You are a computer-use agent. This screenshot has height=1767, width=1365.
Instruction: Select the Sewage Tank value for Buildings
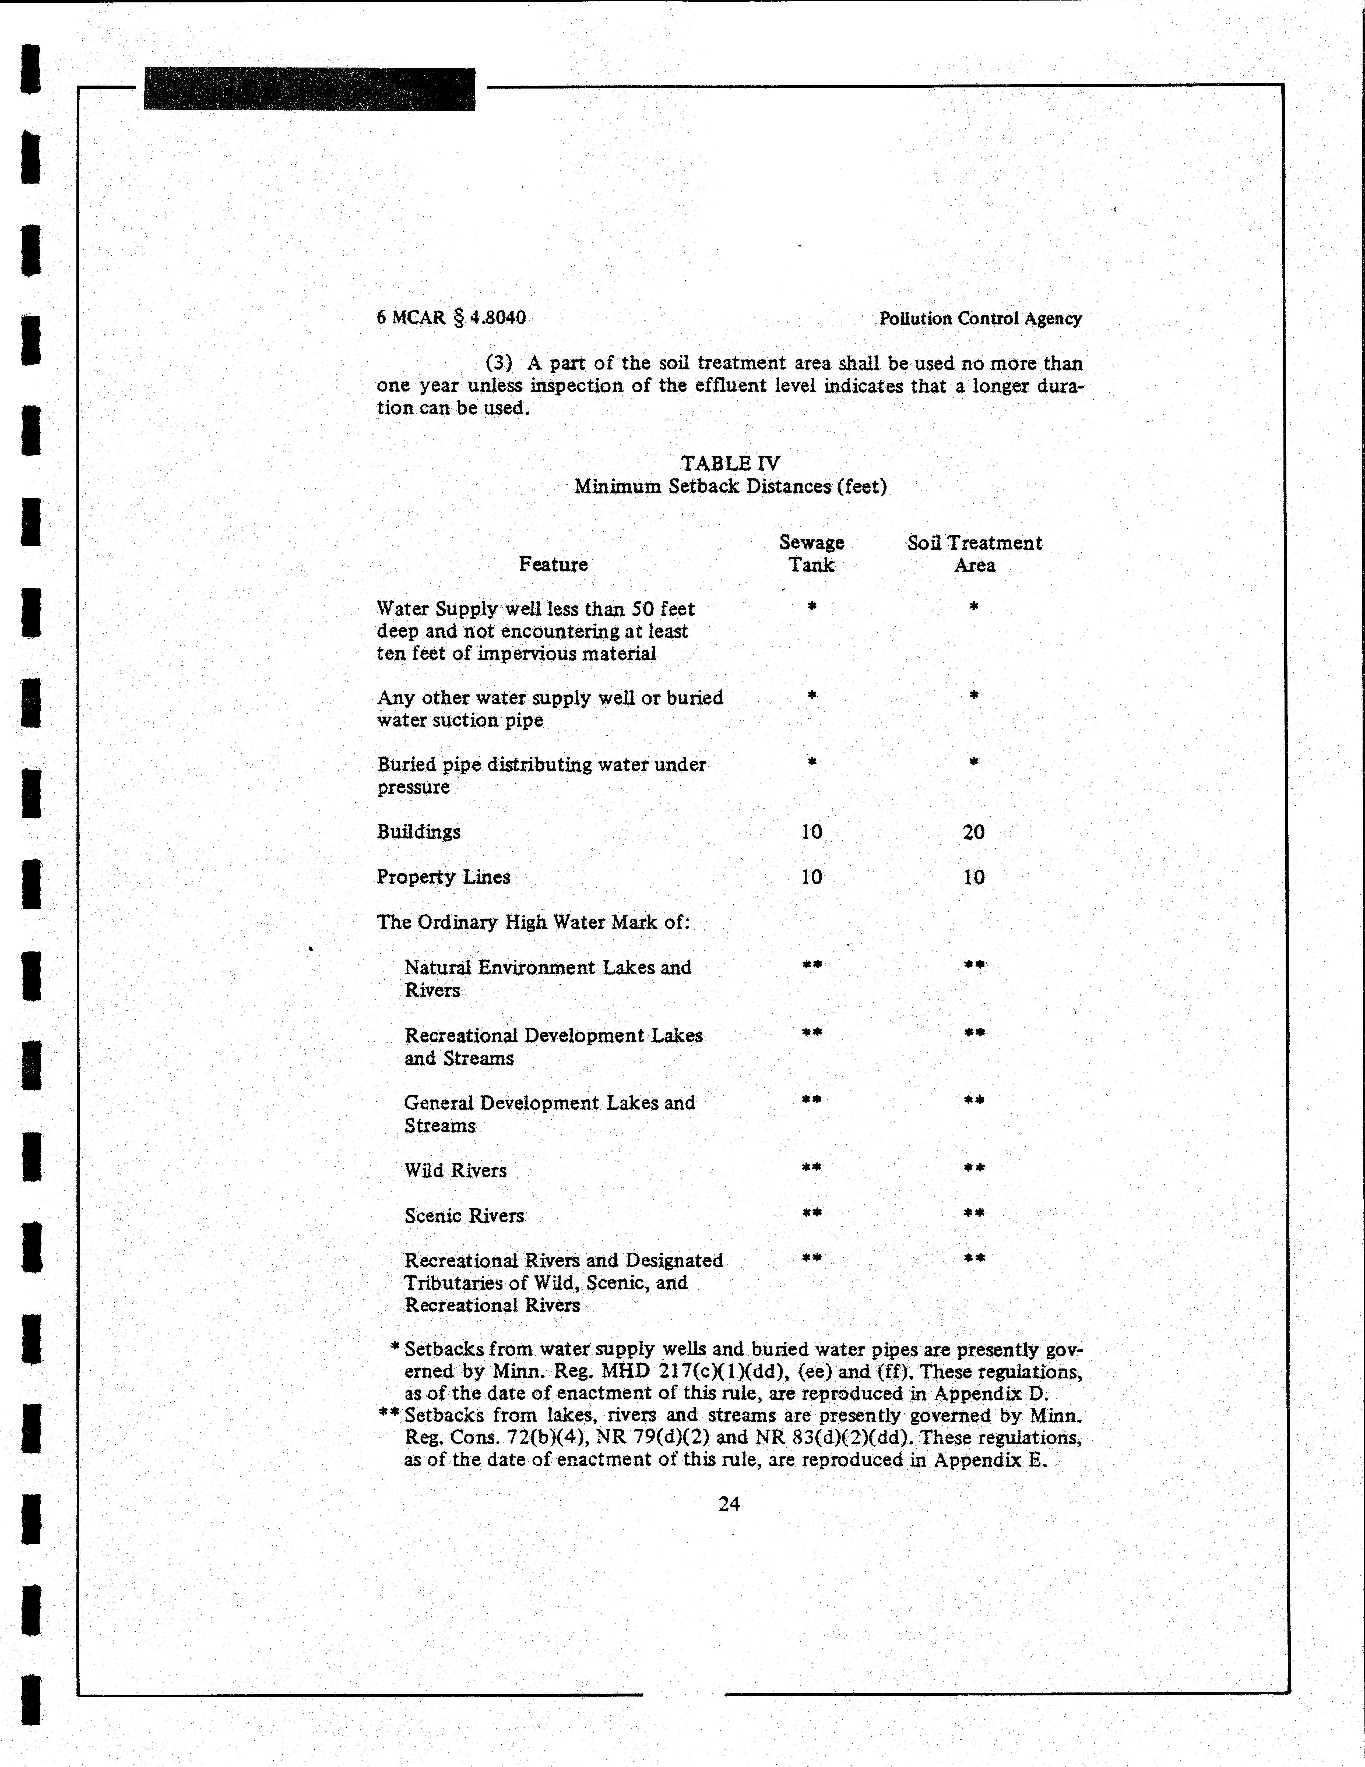[x=812, y=832]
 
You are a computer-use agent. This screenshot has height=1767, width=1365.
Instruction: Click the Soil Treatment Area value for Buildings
[x=973, y=832]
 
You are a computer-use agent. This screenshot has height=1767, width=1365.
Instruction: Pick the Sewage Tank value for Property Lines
[x=812, y=877]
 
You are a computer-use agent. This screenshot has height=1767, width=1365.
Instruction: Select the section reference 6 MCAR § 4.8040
[x=451, y=317]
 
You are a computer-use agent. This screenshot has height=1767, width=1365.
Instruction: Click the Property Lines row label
[x=444, y=877]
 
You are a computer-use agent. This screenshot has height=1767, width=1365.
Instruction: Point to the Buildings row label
[x=418, y=832]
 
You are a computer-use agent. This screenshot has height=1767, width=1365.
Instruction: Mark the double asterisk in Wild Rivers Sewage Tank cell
[x=812, y=1168]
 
